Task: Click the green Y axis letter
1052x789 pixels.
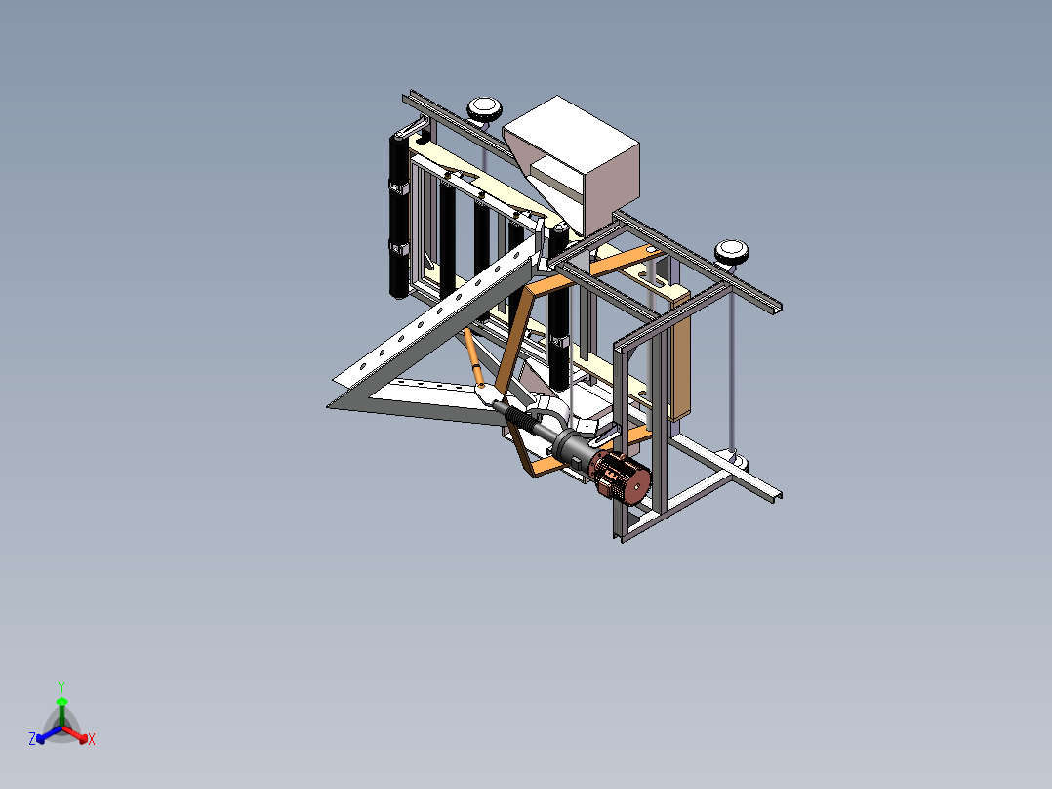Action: click(61, 686)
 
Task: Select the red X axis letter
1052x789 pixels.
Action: click(92, 739)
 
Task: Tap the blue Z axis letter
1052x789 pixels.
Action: click(32, 738)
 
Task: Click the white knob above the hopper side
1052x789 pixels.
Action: click(484, 109)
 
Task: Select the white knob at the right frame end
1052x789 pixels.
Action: click(731, 253)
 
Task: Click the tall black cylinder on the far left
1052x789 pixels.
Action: click(400, 215)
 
